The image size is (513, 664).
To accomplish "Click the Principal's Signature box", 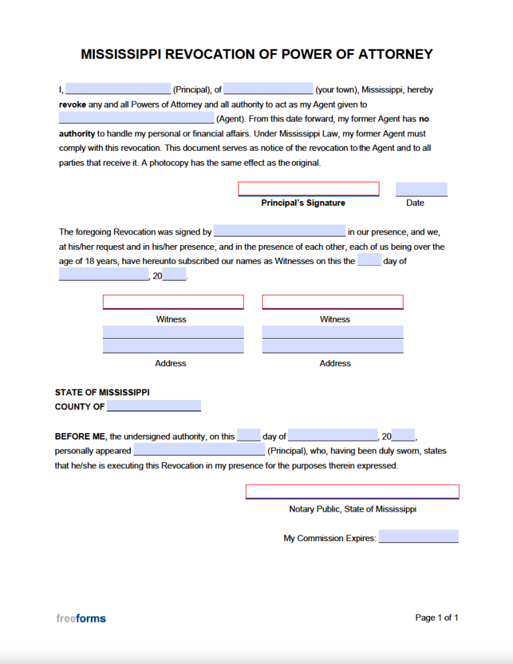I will click(x=309, y=189).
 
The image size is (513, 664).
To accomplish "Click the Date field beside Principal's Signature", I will click(x=421, y=189).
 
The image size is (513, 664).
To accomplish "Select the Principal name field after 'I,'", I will click(x=118, y=90).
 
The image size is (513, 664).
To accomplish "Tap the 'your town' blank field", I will click(x=268, y=90).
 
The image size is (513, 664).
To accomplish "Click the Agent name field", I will click(x=136, y=118).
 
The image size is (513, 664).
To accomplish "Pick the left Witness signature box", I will click(x=173, y=302).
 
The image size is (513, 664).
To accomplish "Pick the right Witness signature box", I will click(x=333, y=302).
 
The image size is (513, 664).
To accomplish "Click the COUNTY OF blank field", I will click(x=154, y=406).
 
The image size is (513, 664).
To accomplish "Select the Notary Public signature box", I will click(x=352, y=492).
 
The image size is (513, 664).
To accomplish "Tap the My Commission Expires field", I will click(x=418, y=536).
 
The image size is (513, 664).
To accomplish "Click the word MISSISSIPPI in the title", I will click(x=122, y=55).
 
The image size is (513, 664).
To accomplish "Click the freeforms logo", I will click(x=81, y=619).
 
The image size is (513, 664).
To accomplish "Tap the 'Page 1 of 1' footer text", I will click(x=437, y=618).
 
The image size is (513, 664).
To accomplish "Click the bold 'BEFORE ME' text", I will click(x=80, y=436).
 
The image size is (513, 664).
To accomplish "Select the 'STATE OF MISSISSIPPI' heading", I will click(x=102, y=392).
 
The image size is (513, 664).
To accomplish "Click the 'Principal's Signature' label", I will click(x=303, y=203).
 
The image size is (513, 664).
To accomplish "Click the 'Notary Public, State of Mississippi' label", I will click(x=353, y=509).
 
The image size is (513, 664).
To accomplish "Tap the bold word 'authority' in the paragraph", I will click(x=77, y=134).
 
